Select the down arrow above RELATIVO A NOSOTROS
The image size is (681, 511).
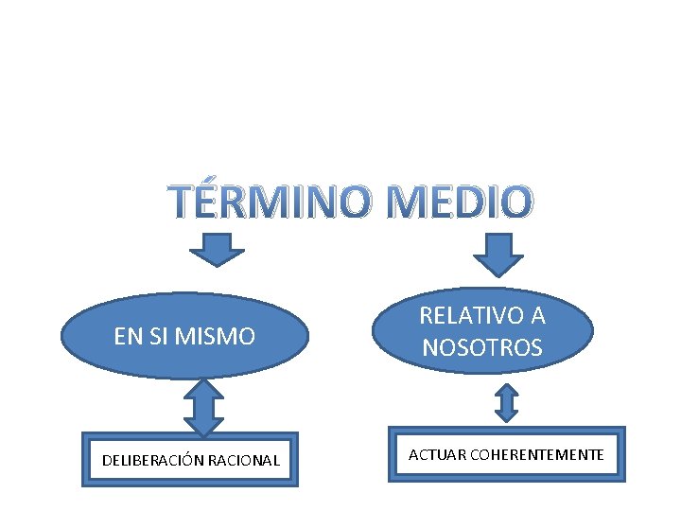(498, 254)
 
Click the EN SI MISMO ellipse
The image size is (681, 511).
(185, 335)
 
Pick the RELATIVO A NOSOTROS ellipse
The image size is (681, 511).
(482, 330)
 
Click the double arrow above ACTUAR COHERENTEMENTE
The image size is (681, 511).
(507, 401)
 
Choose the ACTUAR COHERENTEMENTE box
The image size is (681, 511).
(506, 455)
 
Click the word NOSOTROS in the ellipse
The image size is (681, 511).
(482, 347)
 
